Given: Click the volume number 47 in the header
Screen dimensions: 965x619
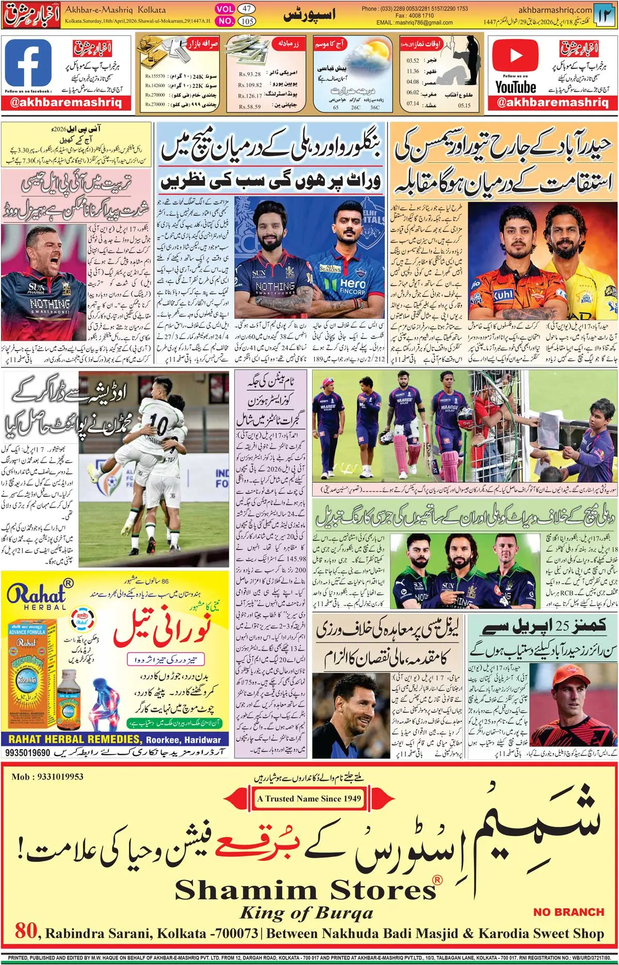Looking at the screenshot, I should [x=247, y=9].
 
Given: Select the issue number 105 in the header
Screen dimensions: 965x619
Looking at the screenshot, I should [x=247, y=21].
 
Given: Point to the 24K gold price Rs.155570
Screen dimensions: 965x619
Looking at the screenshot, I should [x=155, y=76].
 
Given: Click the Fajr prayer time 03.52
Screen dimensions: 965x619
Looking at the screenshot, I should [x=413, y=61].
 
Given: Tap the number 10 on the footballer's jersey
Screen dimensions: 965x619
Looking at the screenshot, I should [x=159, y=425].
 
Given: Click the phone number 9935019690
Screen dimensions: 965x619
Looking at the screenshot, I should [x=28, y=753].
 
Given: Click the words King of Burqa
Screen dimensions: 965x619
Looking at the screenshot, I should [x=306, y=913].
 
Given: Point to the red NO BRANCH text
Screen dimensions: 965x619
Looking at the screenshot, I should [x=568, y=911].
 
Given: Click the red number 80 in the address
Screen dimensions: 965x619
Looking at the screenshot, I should [x=26, y=931].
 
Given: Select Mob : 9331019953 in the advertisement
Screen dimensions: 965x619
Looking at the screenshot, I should [x=47, y=777].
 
